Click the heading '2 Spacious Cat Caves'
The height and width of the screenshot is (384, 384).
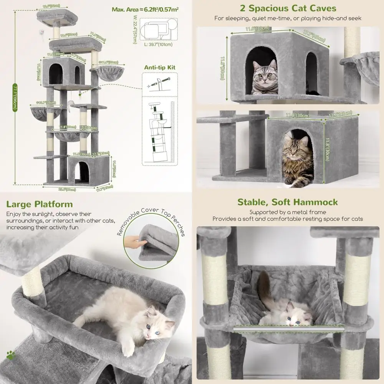288,8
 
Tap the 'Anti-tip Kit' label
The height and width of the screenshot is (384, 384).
160,67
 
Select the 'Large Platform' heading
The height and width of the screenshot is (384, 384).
39,204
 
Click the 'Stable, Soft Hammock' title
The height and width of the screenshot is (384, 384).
287,202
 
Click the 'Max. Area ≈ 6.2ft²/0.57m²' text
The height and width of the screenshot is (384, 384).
145,9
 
